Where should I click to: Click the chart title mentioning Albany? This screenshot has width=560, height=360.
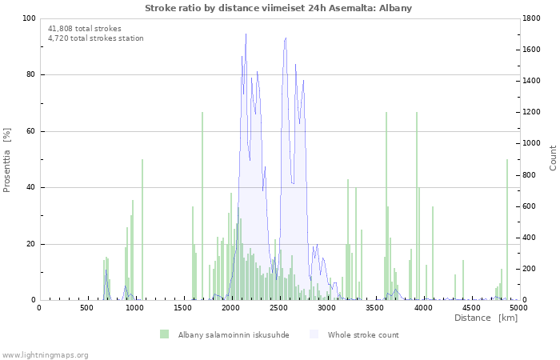pyautogui.click(x=279, y=8)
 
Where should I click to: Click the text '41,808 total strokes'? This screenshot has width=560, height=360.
pyautogui.click(x=85, y=29)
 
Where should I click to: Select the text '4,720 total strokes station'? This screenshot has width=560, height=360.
pyautogui.click(x=96, y=38)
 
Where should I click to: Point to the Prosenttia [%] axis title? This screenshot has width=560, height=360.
pyautogui.click(x=7, y=160)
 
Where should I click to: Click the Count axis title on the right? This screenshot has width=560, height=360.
pyautogui.click(x=553, y=158)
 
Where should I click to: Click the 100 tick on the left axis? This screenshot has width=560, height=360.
pyautogui.click(x=29, y=18)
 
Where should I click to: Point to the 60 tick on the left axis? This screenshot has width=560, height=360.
pyautogui.click(x=31, y=131)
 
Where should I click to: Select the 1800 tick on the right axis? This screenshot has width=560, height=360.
pyautogui.click(x=533, y=18)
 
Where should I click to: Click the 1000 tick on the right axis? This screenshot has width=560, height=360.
pyautogui.click(x=533, y=144)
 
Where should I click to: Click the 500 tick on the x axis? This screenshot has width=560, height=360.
pyautogui.click(x=86, y=307)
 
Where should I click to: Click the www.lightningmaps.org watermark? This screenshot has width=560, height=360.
pyautogui.click(x=45, y=355)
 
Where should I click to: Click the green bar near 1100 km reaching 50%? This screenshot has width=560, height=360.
pyautogui.click(x=142, y=232)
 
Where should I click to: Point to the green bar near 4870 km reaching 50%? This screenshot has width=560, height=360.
pyautogui.click(x=507, y=232)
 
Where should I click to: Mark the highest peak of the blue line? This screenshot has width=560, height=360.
pyautogui.click(x=246, y=34)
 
